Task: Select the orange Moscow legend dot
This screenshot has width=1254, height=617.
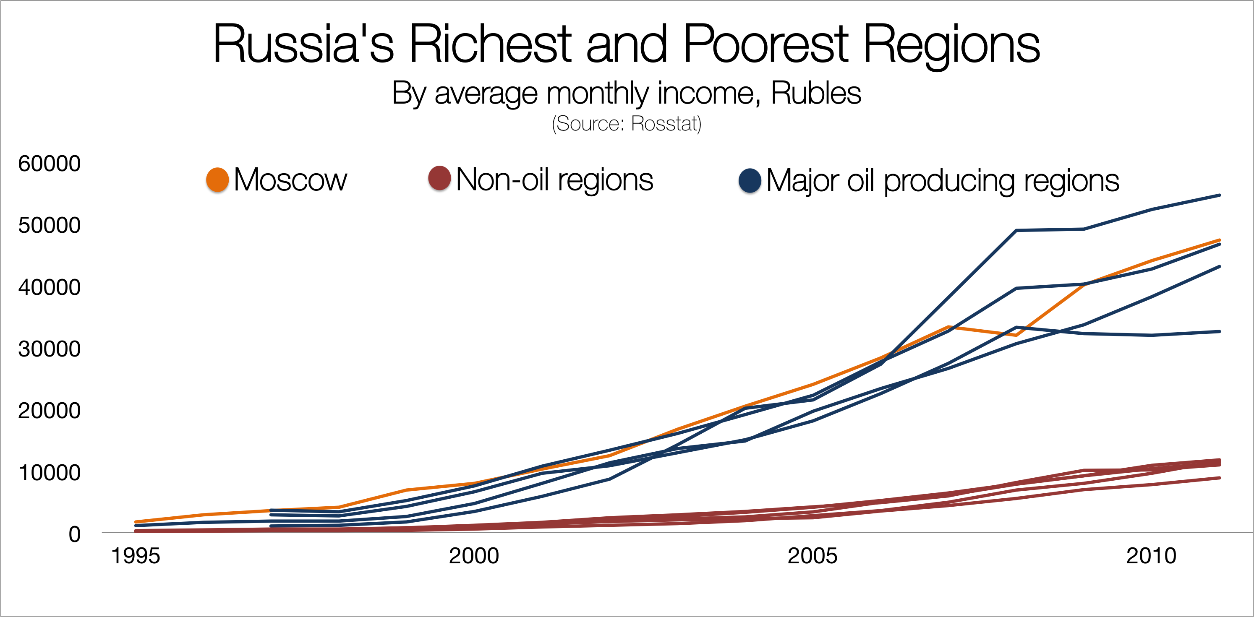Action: (x=217, y=180)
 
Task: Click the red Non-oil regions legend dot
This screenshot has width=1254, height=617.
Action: (x=439, y=178)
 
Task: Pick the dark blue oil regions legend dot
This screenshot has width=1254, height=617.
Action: (x=750, y=180)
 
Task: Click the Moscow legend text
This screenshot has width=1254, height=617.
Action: (x=290, y=180)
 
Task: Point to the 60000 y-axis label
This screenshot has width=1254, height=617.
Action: (x=49, y=164)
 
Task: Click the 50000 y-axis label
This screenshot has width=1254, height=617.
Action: (x=49, y=225)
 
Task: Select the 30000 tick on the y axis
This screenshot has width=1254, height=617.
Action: (x=49, y=349)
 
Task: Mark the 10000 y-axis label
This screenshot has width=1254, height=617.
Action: (x=49, y=472)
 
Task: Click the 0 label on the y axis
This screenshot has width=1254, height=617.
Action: (x=74, y=534)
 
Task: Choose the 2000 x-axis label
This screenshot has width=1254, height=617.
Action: (x=474, y=556)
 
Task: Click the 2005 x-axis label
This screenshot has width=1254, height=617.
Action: (x=812, y=556)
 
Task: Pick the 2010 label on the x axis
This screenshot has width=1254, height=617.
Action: (x=1151, y=556)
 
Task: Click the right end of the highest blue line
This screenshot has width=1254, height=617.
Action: (x=1219, y=195)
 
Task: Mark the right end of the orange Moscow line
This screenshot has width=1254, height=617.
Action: (x=1219, y=240)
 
